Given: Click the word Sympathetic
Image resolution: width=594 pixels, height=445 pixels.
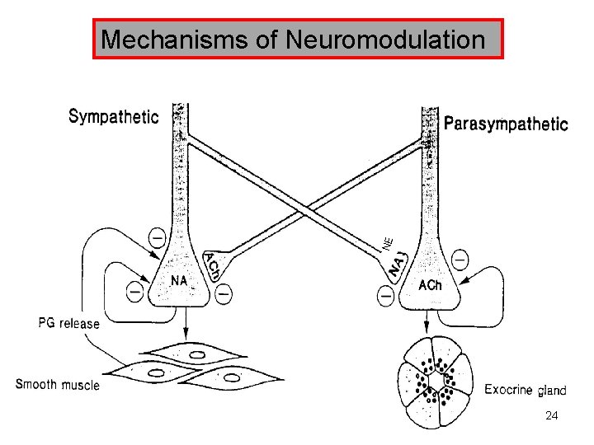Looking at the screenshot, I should point(113,117).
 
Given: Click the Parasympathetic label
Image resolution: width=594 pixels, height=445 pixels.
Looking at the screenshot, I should point(506,124).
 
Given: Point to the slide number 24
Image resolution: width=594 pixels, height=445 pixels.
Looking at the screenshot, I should point(552,417).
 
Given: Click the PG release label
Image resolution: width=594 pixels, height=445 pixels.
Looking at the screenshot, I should point(68,323).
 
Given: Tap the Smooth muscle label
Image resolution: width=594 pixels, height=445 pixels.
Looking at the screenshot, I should point(58,384).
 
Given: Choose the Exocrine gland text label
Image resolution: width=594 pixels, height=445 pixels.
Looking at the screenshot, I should point(526,390).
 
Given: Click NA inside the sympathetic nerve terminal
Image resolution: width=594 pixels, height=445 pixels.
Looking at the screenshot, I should point(179,281).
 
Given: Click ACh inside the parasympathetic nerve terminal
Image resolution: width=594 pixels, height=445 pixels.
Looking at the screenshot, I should point(430,286).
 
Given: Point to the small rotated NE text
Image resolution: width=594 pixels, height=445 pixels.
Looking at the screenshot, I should point(388,242).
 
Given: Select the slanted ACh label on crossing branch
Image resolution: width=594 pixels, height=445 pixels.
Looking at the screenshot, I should point(210,266).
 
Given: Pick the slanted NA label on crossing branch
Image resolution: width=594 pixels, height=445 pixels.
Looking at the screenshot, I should point(398,265).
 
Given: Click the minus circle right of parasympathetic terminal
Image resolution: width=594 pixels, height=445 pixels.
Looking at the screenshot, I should point(460,259).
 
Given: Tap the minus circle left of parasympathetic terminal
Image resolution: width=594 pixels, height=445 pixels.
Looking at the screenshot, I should point(384,293).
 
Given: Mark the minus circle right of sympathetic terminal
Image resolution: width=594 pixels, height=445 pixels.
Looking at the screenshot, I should point(224,291).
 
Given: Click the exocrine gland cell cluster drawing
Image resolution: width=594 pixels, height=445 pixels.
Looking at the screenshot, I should point(434,382).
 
